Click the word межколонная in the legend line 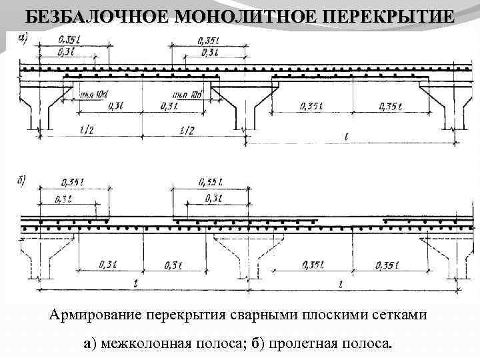point(146,343)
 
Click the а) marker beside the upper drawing point(23,38)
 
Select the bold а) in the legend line point(91,343)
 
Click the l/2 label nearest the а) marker point(87,131)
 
